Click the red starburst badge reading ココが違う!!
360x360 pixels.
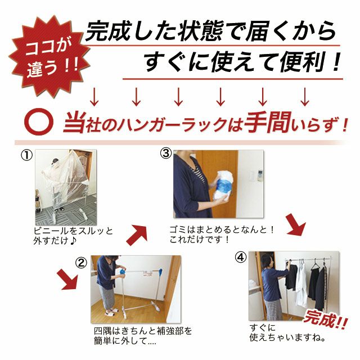pyautogui.click(x=49, y=56)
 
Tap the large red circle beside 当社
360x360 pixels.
pyautogui.click(x=39, y=121)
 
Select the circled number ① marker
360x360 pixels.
pyautogui.click(x=26, y=155)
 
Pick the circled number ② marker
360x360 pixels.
pyautogui.click(x=81, y=263)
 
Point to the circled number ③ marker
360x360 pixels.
pyautogui.click(x=166, y=154)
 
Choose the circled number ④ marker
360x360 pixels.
pyautogui.click(x=241, y=258)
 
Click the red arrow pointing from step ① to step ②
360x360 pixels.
pyautogui.click(x=67, y=280)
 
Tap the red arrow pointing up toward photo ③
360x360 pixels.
pyautogui.click(x=137, y=235)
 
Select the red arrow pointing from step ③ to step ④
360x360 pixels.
pyautogui.click(x=296, y=224)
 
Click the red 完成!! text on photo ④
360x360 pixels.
pyautogui.click(x=326, y=319)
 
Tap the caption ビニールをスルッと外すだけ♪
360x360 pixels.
pyautogui.click(x=73, y=236)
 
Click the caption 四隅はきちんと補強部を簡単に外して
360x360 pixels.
pyautogui.click(x=143, y=336)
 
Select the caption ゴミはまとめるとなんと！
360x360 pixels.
pyautogui.click(x=222, y=229)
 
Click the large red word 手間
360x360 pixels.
pyautogui.click(x=268, y=123)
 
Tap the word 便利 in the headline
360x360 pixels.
pyautogui.click(x=301, y=61)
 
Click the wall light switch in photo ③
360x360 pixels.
pyautogui.click(x=251, y=176)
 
